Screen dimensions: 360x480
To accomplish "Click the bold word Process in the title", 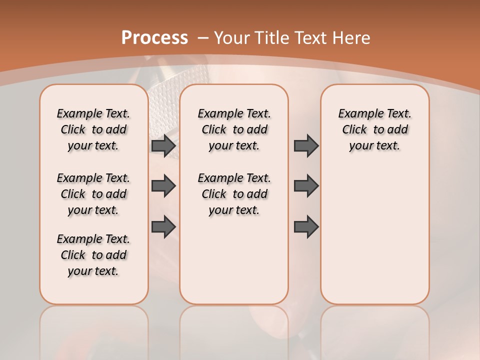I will (154, 38).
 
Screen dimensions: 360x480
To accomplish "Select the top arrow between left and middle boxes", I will (163, 146).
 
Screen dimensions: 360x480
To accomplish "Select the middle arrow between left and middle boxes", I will (163, 186).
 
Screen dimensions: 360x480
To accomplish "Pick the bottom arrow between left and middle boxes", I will (163, 227).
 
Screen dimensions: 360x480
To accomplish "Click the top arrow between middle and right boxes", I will (306, 146).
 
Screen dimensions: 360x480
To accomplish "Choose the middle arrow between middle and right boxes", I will (306, 186).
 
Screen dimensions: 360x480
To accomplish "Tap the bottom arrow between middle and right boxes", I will (306, 227).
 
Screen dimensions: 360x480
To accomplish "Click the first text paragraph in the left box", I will (93, 129).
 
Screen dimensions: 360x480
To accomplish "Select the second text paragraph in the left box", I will (93, 194).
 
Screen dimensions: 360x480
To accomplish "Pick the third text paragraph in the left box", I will (93, 255).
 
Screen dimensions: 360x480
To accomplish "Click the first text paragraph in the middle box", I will (234, 129).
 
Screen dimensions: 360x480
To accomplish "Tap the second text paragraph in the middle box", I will (234, 194).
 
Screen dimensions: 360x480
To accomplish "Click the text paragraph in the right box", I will (374, 129).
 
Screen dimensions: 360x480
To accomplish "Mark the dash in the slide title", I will (203, 38).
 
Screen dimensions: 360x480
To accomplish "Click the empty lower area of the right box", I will (374, 240).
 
